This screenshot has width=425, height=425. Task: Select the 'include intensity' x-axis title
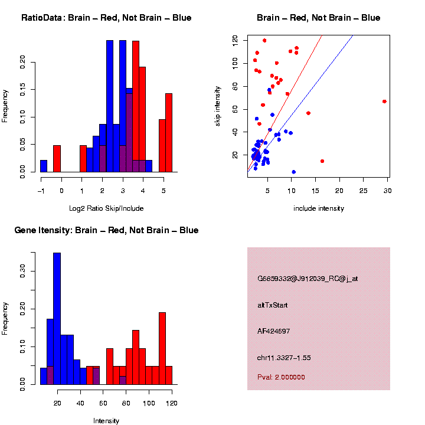click(x=318, y=208)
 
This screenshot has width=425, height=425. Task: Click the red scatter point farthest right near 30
click(x=384, y=102)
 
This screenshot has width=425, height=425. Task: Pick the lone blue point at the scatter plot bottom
click(x=293, y=172)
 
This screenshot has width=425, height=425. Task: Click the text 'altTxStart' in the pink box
click(x=272, y=305)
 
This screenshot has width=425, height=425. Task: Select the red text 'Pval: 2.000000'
click(x=281, y=377)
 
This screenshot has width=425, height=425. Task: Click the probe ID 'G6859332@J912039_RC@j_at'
click(x=308, y=279)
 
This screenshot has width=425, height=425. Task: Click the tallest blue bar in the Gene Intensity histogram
click(x=57, y=319)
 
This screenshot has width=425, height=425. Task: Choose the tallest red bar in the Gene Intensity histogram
click(x=162, y=348)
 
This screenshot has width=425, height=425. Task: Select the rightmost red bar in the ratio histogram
click(x=169, y=133)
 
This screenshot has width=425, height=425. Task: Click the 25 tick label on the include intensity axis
click(x=364, y=191)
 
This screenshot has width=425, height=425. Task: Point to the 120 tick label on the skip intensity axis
click(x=235, y=40)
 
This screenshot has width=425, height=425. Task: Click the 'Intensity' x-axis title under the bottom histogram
click(x=106, y=421)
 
